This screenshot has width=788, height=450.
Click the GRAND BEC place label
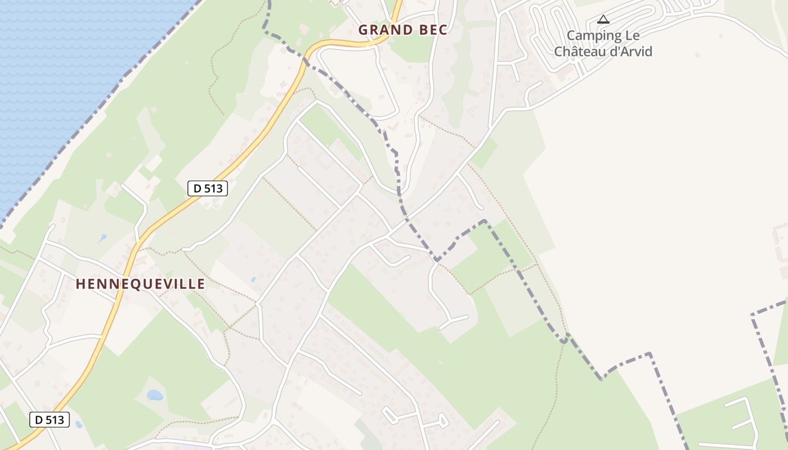pyautogui.click(x=402, y=30)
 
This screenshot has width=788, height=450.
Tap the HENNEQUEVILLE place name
pyautogui.click(x=140, y=284)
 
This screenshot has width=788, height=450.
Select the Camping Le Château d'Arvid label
pyautogui.click(x=603, y=43)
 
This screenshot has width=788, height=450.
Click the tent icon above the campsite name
pyautogui.click(x=603, y=20)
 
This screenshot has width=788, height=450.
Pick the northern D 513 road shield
pyautogui.click(x=207, y=189)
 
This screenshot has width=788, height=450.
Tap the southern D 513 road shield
pyautogui.click(x=49, y=419)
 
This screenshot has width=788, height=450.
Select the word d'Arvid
pyautogui.click(x=633, y=52)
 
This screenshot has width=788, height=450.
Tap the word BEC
pyautogui.click(x=432, y=30)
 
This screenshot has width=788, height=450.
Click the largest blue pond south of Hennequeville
pyautogui.click(x=155, y=395)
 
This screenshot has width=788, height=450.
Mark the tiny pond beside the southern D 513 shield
pyautogui.click(x=78, y=424)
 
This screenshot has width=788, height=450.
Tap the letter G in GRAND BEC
pyautogui.click(x=363, y=30)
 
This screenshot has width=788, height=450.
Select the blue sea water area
pyautogui.click(x=56, y=67)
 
